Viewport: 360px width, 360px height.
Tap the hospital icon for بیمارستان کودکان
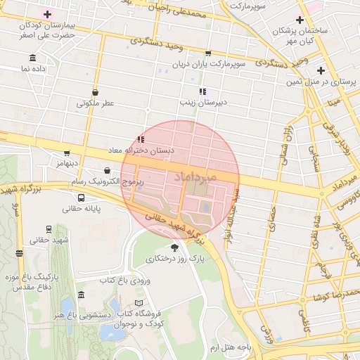(x=47, y=14)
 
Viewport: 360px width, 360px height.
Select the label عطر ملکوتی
(x=95, y=103)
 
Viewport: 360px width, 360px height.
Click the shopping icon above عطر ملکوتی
(x=95, y=92)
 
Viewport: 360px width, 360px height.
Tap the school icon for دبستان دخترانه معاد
(x=141, y=139)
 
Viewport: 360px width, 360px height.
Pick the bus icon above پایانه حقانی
(x=82, y=198)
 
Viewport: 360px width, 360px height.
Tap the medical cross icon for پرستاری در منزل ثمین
(x=321, y=70)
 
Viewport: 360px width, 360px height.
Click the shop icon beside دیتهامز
(x=67, y=153)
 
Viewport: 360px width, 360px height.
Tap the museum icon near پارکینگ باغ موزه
(x=82, y=295)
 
